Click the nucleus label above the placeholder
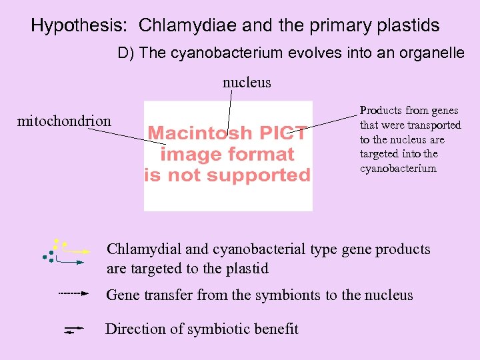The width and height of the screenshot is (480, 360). click(247, 83)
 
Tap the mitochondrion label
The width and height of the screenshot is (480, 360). click(65, 121)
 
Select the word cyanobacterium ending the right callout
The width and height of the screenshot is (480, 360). click(398, 168)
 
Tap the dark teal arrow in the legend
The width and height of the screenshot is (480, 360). click(70, 263)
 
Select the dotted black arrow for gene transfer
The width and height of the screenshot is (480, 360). click(73, 293)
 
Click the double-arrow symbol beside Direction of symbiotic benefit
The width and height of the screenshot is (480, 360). click(74, 329)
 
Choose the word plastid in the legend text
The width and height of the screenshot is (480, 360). click(247, 269)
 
